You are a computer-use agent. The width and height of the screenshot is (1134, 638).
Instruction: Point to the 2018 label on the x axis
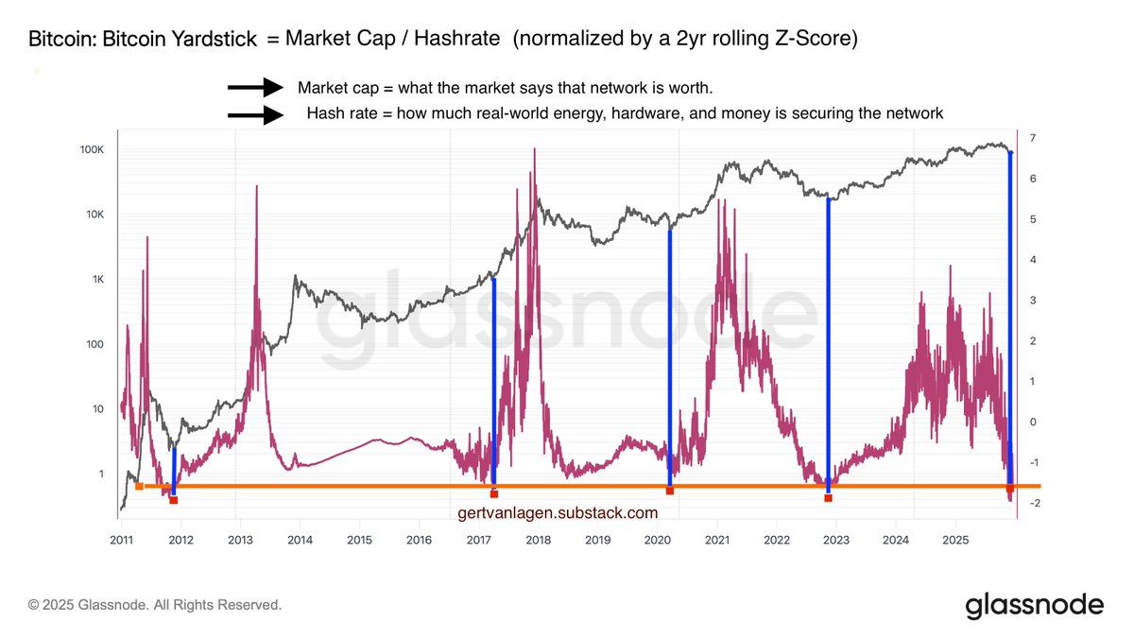point(538,541)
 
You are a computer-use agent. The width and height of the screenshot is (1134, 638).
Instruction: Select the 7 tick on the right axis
point(1034,139)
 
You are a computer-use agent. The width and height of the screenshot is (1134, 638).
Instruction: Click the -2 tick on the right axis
point(1036,503)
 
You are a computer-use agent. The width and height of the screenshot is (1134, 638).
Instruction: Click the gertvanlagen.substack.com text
point(557,513)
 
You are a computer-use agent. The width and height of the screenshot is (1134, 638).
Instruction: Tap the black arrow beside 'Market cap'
point(255,88)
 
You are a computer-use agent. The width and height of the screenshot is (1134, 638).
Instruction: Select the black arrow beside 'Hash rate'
point(255,115)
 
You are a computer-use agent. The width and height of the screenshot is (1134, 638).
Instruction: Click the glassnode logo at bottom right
point(1034,605)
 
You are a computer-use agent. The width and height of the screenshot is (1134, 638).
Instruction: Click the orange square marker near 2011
point(139,486)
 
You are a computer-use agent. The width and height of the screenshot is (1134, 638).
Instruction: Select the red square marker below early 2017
point(493,493)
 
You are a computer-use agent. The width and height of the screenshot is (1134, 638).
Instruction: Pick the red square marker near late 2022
point(828,497)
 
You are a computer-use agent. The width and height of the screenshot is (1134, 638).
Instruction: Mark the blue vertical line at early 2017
point(494,378)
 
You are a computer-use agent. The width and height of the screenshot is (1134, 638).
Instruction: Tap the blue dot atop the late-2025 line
point(1010,153)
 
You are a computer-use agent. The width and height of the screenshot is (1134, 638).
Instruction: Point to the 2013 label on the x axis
point(240,541)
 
